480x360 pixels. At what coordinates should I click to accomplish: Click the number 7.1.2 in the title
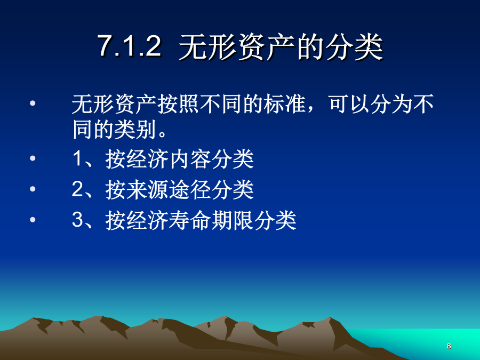129,46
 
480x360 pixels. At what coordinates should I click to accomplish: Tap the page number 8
449,346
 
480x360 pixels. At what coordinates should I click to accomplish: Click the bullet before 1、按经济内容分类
33,158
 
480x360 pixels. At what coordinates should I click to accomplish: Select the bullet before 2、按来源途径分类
33,189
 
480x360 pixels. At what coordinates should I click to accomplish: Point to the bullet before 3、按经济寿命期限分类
33,220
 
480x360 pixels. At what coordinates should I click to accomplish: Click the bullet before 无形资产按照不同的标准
33,103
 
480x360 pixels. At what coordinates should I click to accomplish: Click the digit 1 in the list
77,158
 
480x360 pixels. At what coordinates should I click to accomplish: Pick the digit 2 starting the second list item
77,189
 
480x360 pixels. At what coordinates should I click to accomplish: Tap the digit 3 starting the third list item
77,220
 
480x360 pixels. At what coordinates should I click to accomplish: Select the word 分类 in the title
354,46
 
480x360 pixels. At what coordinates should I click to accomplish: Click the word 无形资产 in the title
237,46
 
